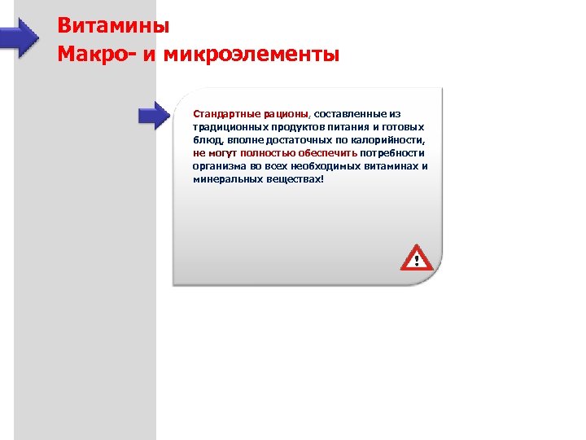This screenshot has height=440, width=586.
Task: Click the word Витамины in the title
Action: coord(113,25)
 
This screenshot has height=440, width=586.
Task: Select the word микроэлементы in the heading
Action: coord(250,55)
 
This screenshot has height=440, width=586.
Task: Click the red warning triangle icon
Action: coord(417,258)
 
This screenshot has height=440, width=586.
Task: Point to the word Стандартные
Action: coord(221,115)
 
